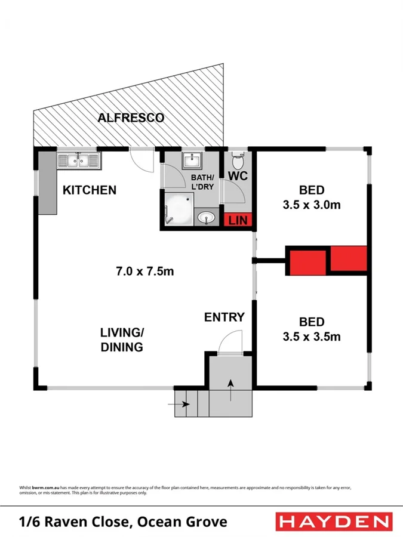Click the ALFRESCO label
pos(131,118)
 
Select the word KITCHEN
pos(90,190)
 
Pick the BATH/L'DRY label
pos(201,183)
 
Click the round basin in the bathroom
pos(207,218)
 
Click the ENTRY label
pos(224,317)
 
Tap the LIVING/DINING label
pos(121,340)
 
